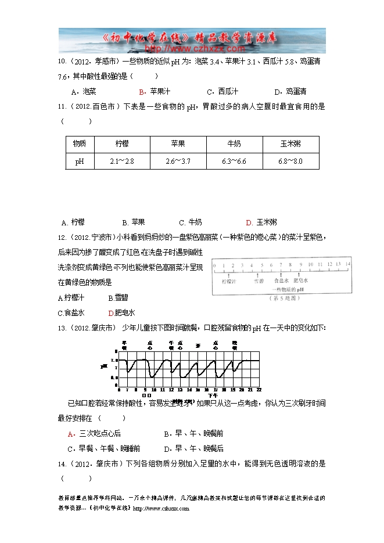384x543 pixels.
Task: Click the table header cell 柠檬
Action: [x=121, y=143]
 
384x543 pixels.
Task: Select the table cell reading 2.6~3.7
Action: [x=178, y=161]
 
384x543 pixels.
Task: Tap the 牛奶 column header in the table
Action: [x=234, y=143]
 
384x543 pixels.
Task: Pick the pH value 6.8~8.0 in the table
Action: [x=290, y=161]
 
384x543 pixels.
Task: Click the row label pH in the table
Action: [x=79, y=161]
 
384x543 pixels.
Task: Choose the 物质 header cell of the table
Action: [x=79, y=143]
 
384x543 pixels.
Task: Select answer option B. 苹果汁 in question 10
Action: [x=154, y=92]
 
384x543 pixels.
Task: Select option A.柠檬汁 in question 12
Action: [x=71, y=298]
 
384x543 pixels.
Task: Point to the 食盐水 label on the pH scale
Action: [x=281, y=280]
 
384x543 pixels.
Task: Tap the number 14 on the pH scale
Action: [x=347, y=264]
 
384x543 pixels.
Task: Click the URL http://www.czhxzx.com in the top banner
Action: [x=194, y=49]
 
